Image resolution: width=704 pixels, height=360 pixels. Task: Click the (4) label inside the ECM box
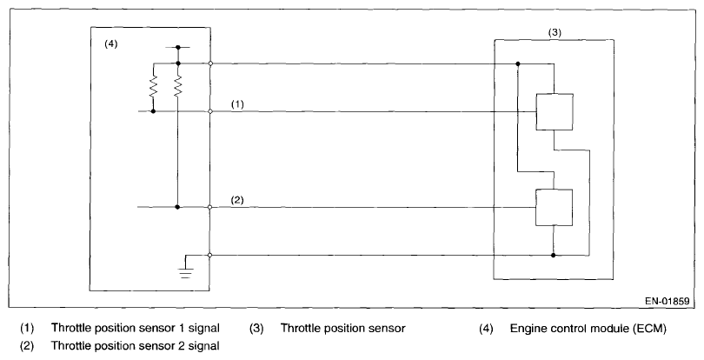click(110, 43)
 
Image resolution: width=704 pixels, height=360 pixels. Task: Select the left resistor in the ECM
click(153, 87)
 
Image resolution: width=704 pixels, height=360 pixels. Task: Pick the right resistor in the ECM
click(177, 87)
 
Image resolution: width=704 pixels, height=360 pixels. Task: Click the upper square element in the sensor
click(554, 112)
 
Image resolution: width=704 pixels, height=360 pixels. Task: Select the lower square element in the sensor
click(554, 207)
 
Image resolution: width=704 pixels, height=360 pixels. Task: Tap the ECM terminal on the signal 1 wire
click(211, 112)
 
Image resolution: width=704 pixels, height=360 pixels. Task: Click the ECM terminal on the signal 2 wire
click(211, 207)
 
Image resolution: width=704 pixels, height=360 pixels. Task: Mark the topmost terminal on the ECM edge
click(211, 63)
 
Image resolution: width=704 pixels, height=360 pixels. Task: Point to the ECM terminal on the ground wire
click(211, 256)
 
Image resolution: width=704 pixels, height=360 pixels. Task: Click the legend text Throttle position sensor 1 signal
click(135, 329)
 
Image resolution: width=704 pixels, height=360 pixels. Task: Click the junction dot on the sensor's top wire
click(517, 63)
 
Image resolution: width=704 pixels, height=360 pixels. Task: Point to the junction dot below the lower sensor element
click(554, 256)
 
